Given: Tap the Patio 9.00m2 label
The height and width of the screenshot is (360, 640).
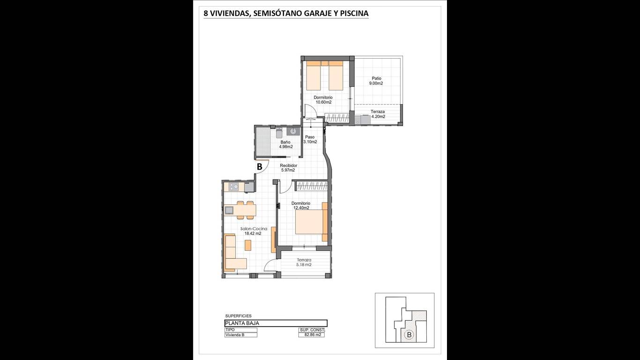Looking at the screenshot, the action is (376, 81).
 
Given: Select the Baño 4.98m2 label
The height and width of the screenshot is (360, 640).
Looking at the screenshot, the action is (286, 144).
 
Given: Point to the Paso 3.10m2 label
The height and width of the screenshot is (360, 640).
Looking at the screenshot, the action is (310, 139).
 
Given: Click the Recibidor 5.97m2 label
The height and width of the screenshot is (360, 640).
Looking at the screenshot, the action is (288, 168).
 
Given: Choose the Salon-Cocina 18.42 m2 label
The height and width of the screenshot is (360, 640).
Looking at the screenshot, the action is (253, 231).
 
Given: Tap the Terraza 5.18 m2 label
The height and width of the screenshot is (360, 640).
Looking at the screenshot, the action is (304, 262).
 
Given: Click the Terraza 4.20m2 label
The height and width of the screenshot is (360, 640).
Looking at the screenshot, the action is (378, 114).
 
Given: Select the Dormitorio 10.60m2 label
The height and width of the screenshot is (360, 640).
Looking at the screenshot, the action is (323, 100).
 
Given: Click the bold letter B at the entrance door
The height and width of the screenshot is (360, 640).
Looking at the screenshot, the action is (260, 167).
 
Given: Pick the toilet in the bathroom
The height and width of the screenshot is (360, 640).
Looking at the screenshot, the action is (279, 133).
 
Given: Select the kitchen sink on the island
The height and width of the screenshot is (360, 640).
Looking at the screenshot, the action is (229, 210).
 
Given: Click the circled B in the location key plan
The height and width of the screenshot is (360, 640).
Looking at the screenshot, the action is (409, 335).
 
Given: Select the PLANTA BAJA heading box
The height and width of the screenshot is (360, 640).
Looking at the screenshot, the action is (275, 323).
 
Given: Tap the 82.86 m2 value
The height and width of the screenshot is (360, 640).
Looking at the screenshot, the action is (313, 335).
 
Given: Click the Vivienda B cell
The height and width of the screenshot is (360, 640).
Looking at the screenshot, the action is (240, 335).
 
